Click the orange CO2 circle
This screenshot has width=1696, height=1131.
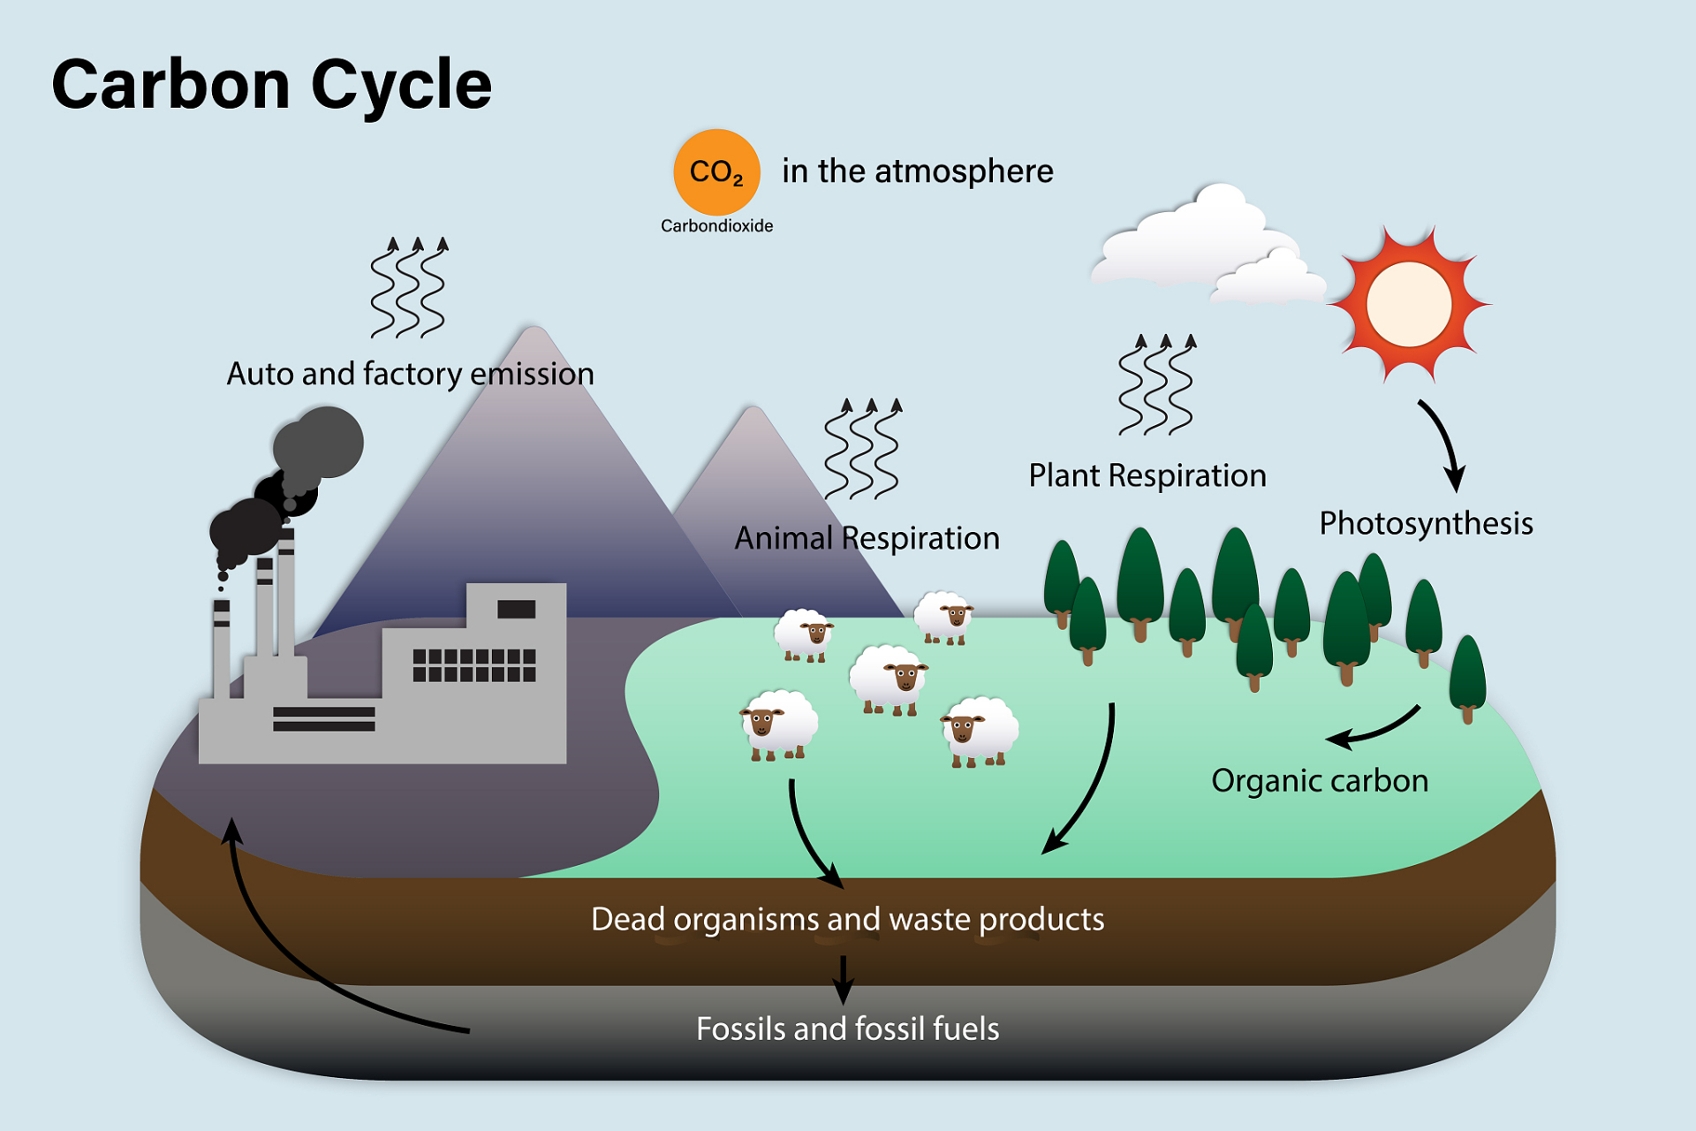716,171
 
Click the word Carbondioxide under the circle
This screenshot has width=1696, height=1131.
716,226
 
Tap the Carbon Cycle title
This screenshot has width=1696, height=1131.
271,85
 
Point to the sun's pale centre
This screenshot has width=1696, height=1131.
1408,304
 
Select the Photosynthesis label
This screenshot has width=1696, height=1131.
1425,523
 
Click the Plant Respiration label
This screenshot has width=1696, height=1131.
1147,475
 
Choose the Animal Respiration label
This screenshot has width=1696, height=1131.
867,538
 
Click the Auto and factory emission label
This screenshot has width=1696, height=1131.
410,374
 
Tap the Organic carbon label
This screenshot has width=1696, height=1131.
1319,781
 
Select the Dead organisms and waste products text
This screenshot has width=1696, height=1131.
847,919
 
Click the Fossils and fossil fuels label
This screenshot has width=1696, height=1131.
847,1029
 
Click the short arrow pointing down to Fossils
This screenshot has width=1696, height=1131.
843,979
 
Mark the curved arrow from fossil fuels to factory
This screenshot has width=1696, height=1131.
283,954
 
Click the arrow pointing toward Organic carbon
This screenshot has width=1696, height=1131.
1374,729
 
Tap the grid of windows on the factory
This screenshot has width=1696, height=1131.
474,665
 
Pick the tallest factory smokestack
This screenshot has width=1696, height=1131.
285,592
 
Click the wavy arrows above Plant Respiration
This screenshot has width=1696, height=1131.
1155,385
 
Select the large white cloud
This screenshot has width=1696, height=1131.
1192,239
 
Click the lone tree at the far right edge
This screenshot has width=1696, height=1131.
1467,676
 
